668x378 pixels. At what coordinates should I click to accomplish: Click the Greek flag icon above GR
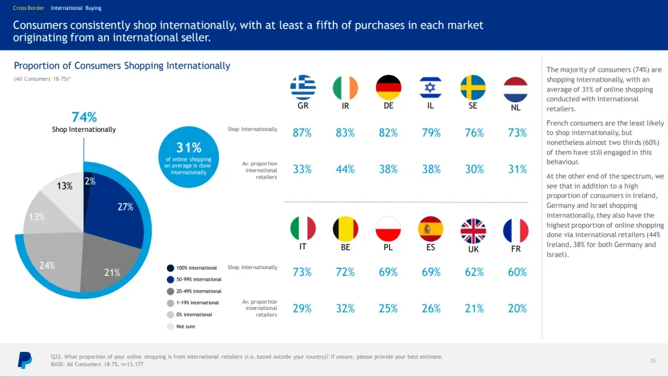302,87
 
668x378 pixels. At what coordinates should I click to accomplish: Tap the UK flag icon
473,231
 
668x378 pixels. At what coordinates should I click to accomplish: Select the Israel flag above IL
430,87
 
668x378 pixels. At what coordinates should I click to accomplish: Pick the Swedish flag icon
473,87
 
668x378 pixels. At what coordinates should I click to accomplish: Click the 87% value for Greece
302,133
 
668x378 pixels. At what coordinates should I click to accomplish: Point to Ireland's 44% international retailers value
345,170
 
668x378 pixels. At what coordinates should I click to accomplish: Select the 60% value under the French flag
516,272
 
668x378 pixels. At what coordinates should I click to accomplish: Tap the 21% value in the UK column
474,309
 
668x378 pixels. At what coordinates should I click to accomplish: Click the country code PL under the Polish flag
388,247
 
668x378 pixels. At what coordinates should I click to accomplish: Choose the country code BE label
345,247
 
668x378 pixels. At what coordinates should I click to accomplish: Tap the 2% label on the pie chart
90,181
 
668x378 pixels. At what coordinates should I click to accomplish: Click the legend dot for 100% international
170,268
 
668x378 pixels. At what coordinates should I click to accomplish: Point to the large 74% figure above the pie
84,117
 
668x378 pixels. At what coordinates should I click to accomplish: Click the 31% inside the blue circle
189,147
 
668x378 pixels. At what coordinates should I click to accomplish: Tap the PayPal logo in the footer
25,359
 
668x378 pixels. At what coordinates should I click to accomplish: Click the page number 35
653,361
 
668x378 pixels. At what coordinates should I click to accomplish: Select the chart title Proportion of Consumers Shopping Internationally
122,66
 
